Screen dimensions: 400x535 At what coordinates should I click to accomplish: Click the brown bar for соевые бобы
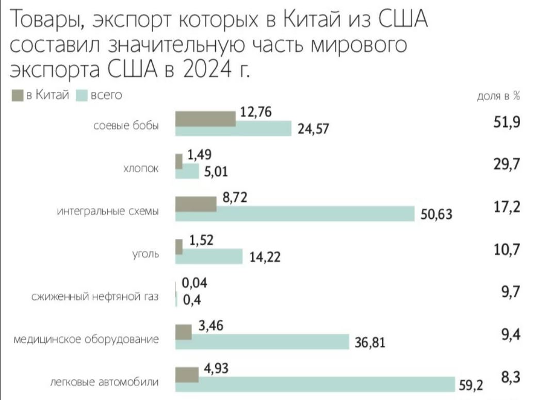[205, 118]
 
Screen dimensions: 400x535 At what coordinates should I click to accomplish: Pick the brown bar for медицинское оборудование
[184, 332]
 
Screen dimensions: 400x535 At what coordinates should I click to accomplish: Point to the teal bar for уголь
[209, 255]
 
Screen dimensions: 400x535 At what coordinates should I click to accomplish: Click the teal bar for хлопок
[187, 171]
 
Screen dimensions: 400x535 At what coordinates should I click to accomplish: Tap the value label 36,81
[370, 342]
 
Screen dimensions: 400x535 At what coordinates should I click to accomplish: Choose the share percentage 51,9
[507, 123]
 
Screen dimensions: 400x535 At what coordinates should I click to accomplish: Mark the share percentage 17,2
[507, 207]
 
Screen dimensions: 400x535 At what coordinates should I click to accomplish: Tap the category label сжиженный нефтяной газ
[95, 297]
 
